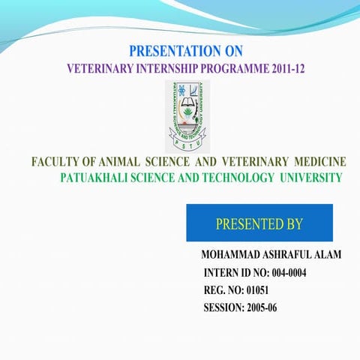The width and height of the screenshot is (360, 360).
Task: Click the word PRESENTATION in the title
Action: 167,52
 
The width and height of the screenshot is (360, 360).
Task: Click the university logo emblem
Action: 187,116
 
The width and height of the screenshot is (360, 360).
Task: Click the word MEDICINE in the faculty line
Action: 321,162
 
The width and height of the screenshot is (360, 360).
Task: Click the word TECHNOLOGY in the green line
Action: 238,178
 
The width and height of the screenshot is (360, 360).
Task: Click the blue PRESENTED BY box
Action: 259,223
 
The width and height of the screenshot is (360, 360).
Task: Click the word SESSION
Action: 223,307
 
